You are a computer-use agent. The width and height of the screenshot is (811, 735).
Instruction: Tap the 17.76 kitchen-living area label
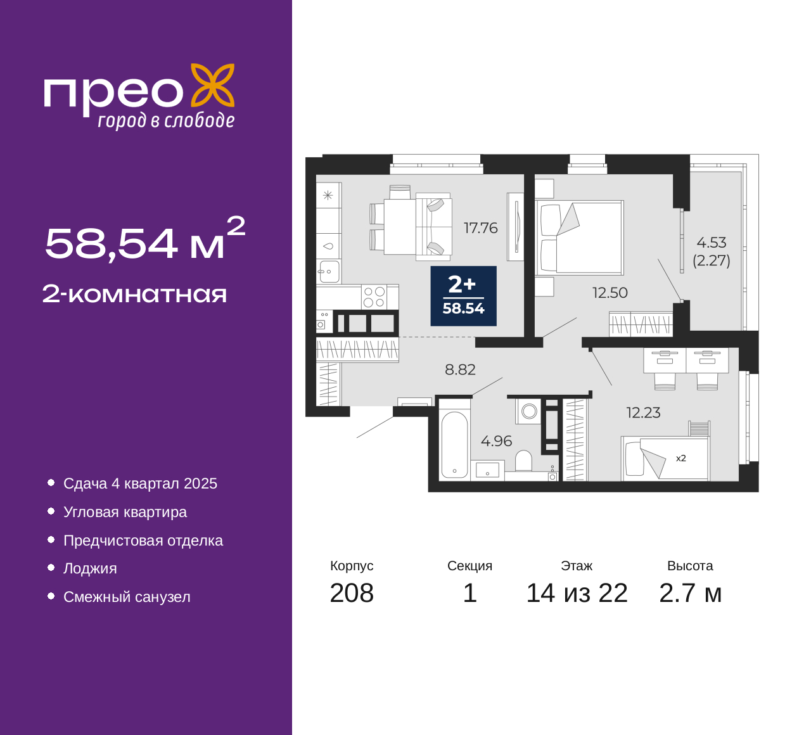tap(480, 228)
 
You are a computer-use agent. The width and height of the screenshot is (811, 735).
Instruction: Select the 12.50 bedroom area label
tap(610, 293)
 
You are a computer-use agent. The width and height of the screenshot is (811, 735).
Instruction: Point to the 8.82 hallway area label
tap(460, 369)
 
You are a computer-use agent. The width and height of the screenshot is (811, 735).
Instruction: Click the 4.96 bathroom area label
tap(496, 440)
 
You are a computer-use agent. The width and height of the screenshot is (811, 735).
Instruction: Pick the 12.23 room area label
tap(643, 412)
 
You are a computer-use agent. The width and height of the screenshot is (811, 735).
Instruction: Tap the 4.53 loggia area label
tap(711, 243)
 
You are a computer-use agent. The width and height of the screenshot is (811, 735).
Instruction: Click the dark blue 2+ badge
tap(463, 296)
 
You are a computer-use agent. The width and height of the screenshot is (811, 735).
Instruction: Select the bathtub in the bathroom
tap(454, 444)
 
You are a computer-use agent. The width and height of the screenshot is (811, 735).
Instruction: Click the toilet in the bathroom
tap(523, 461)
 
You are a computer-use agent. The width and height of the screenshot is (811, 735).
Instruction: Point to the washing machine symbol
tap(528, 411)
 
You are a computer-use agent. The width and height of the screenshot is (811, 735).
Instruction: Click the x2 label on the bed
tap(681, 458)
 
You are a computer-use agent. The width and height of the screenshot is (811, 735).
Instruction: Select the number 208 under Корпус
tap(352, 593)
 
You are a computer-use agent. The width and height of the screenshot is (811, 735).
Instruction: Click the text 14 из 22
tap(577, 593)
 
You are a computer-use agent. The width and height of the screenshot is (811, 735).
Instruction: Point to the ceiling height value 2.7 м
tap(690, 593)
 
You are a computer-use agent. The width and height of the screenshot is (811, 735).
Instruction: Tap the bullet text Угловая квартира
tap(125, 512)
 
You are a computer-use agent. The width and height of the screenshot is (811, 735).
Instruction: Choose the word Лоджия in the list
tap(90, 568)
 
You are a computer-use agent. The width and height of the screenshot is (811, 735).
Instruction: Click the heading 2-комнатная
tap(134, 294)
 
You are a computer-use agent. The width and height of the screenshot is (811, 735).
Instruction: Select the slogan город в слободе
tap(166, 120)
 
